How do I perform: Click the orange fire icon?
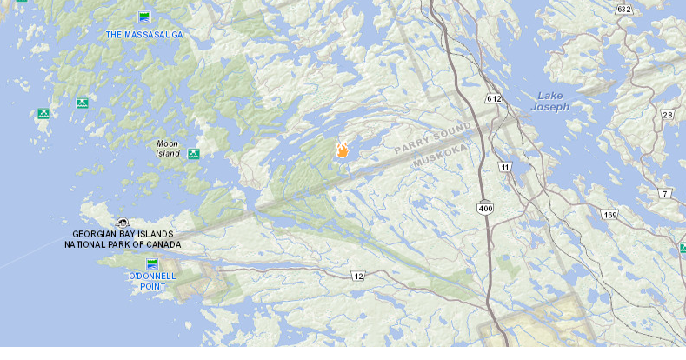pyautogui.click(x=343, y=150)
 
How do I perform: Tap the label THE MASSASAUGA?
pyautogui.click(x=144, y=35)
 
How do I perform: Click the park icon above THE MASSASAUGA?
pyautogui.click(x=143, y=17)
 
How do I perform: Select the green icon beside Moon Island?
pyautogui.click(x=194, y=154)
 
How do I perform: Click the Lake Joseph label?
pyautogui.click(x=553, y=101)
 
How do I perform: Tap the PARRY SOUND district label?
pyautogui.click(x=432, y=138)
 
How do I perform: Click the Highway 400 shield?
pyautogui.click(x=485, y=208)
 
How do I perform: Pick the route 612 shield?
pyautogui.click(x=494, y=99)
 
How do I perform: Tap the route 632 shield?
pyautogui.click(x=624, y=9)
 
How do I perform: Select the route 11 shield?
pyautogui.click(x=504, y=166)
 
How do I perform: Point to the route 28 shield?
pyautogui.click(x=668, y=115)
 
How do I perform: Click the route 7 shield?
pyautogui.click(x=665, y=193)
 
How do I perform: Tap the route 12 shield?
pyautogui.click(x=358, y=276)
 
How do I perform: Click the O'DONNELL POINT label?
pyautogui.click(x=152, y=281)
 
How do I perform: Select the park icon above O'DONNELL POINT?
pyautogui.click(x=152, y=263)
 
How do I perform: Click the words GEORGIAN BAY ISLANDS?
pyautogui.click(x=123, y=234)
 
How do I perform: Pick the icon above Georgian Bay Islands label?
pyautogui.click(x=123, y=223)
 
